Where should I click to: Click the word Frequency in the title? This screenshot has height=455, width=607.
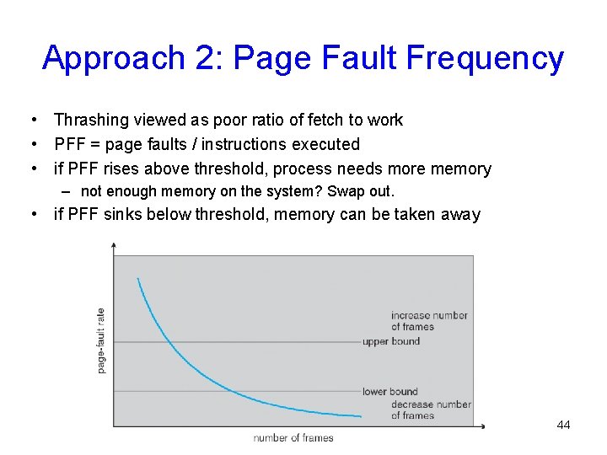[x=485, y=58]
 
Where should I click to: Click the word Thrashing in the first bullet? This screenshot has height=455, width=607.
[x=89, y=120]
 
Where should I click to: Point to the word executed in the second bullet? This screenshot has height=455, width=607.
[x=325, y=144]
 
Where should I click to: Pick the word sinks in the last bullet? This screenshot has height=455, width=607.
[x=123, y=214]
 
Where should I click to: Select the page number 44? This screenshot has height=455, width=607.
[x=563, y=425]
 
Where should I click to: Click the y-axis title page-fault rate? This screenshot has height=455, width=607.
[x=102, y=340]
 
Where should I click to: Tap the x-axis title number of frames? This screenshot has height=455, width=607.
[x=293, y=437]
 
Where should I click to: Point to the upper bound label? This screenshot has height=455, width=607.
[x=390, y=341]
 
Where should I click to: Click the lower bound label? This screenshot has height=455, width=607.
[x=389, y=391]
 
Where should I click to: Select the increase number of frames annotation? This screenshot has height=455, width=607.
[x=429, y=321]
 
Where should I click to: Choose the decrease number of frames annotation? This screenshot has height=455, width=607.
[x=431, y=409]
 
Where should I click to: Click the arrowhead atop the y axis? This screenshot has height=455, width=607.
[x=114, y=244]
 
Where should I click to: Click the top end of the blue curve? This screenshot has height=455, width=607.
[x=137, y=279]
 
